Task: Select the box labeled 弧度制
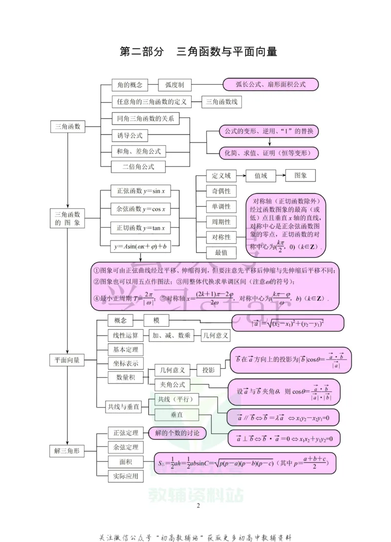pyautogui.click(x=174, y=85)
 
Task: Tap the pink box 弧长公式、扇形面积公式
pyautogui.click(x=270, y=84)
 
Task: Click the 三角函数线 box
pyautogui.click(x=221, y=102)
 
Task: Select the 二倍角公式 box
pyautogui.click(x=138, y=167)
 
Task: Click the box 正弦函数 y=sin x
pyautogui.click(x=140, y=191)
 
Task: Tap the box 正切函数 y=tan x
pyautogui.click(x=140, y=228)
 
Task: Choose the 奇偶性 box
pyautogui.click(x=221, y=191)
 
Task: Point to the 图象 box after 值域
pyautogui.click(x=300, y=176)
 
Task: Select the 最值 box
pyautogui.click(x=221, y=252)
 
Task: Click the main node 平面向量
pyautogui.click(x=67, y=361)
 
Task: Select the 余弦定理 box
pyautogui.click(x=126, y=447)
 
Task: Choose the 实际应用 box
pyautogui.click(x=126, y=475)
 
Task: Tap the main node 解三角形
pyautogui.click(x=67, y=450)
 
